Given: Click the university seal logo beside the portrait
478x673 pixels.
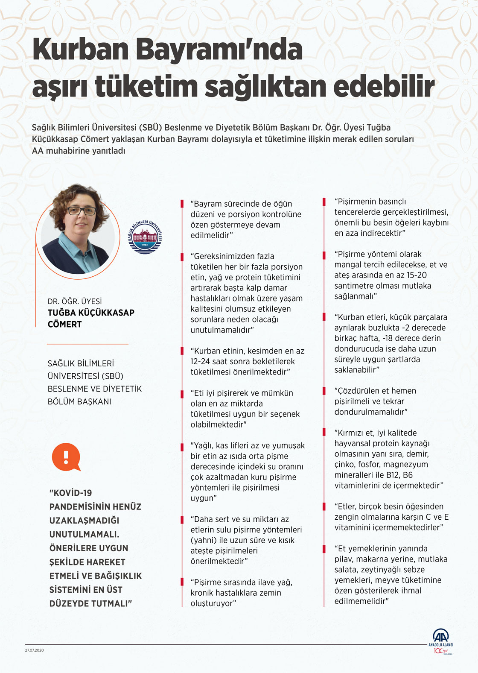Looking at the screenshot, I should point(146,237).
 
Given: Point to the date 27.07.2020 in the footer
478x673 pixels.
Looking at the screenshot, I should point(35,650).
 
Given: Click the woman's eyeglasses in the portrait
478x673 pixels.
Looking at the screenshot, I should point(82,211).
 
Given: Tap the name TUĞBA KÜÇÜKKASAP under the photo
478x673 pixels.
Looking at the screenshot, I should point(91,313).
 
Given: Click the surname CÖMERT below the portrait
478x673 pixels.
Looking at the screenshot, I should point(64,325).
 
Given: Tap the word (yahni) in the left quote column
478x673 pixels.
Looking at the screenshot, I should point(204,540).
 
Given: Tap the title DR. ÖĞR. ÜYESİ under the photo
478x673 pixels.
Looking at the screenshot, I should point(75,301).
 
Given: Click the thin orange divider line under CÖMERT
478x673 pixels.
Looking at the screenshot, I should point(87,344).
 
